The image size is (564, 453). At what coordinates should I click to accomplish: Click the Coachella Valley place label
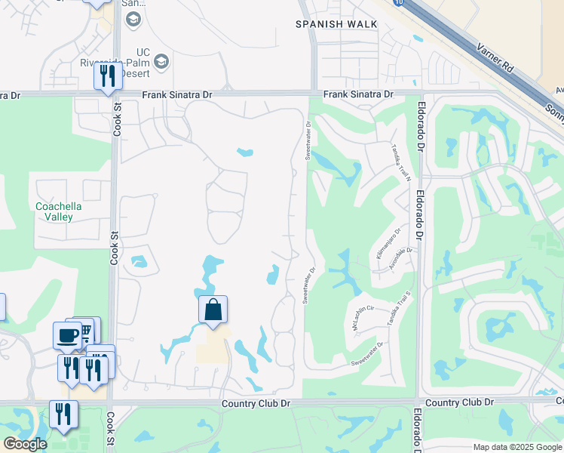point(58,211)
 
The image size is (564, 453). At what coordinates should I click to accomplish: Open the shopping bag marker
point(213,310)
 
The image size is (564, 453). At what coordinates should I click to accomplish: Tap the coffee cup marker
point(67,334)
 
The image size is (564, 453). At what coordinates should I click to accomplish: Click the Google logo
point(25,443)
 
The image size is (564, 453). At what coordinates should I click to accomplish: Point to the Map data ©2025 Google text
point(516,447)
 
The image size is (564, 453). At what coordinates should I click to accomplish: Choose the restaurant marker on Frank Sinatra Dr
point(108,76)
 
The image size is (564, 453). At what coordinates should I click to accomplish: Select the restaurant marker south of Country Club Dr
point(63,414)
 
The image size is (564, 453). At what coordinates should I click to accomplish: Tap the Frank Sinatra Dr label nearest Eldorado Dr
point(358,94)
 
